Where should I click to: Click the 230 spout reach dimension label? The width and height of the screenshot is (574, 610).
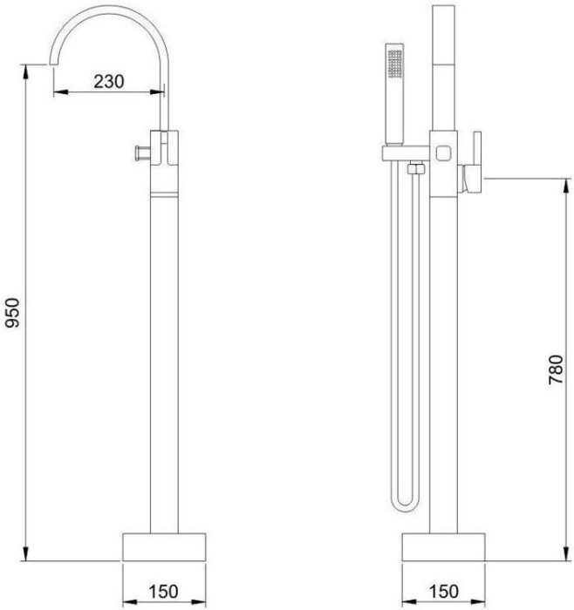[x=109, y=82]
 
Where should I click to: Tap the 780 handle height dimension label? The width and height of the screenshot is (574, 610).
[x=556, y=369]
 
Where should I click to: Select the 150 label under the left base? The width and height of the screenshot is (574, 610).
[x=163, y=592]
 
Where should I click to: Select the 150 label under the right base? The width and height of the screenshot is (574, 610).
[x=443, y=592]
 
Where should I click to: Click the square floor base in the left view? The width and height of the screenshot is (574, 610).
[x=164, y=547]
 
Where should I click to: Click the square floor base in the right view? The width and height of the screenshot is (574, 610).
[x=443, y=547]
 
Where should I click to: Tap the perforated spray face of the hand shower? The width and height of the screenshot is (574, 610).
[x=396, y=65]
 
